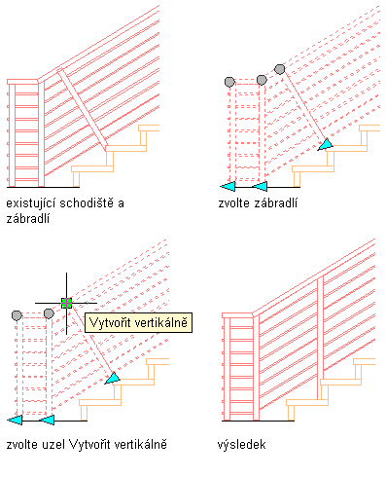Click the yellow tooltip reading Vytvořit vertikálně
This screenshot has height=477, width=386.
tap(138, 322)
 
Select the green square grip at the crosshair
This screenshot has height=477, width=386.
tap(67, 303)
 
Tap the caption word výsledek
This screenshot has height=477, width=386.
tap(241, 444)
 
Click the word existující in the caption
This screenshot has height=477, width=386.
tap(31, 203)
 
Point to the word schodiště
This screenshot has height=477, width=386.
tap(88, 202)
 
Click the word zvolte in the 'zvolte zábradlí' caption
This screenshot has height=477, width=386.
tap(233, 203)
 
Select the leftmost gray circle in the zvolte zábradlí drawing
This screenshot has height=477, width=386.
tap(229, 82)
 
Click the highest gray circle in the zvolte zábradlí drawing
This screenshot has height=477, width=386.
tap(280, 69)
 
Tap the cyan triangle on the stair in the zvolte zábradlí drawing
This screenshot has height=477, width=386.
tap(326, 145)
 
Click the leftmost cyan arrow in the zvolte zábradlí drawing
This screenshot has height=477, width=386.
tap(228, 187)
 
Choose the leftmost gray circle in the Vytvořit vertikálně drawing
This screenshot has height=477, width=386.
tap(17, 315)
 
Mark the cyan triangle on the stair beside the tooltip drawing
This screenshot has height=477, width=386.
tap(113, 379)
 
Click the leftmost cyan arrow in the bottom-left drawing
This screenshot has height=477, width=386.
tap(15, 420)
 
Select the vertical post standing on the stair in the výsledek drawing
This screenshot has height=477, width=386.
tap(320, 338)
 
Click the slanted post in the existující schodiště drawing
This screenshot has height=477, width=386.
tap(83, 110)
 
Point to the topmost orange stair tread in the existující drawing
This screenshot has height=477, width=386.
tap(149, 128)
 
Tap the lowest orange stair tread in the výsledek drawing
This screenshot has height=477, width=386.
tap(307, 403)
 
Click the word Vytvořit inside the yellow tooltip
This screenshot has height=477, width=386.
tap(110, 322)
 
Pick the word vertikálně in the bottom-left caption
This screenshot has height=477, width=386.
tap(140, 444)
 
